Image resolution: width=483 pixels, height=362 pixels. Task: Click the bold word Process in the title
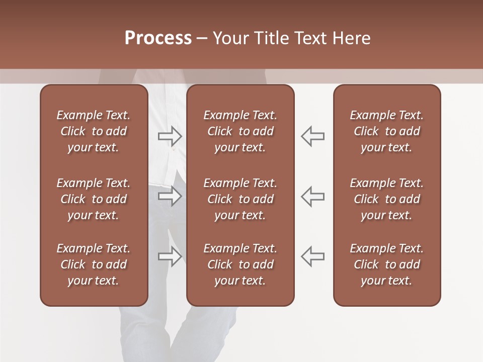point(158,38)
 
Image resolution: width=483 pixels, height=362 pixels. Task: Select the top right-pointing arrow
point(170,136)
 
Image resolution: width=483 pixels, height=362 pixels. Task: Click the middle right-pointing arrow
point(170,196)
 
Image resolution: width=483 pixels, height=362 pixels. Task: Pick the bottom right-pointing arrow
point(170,256)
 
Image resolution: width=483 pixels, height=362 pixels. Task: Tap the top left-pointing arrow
point(312,136)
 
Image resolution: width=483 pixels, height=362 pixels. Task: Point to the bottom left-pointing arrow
point(312,256)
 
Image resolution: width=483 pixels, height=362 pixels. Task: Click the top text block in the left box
point(94,131)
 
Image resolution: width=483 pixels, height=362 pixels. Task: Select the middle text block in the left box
point(94,199)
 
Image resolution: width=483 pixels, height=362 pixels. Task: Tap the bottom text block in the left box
point(94,264)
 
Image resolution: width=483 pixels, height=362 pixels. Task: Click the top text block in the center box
point(240,131)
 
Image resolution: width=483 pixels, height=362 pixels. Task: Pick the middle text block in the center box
point(240,199)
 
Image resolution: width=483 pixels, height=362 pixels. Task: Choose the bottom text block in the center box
point(240,264)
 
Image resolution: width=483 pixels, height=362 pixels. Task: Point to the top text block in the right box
point(386,131)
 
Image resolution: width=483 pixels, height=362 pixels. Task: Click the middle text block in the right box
point(386,199)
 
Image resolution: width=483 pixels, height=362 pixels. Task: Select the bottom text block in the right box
point(386,264)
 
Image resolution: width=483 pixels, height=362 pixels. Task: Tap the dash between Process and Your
point(201,39)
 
